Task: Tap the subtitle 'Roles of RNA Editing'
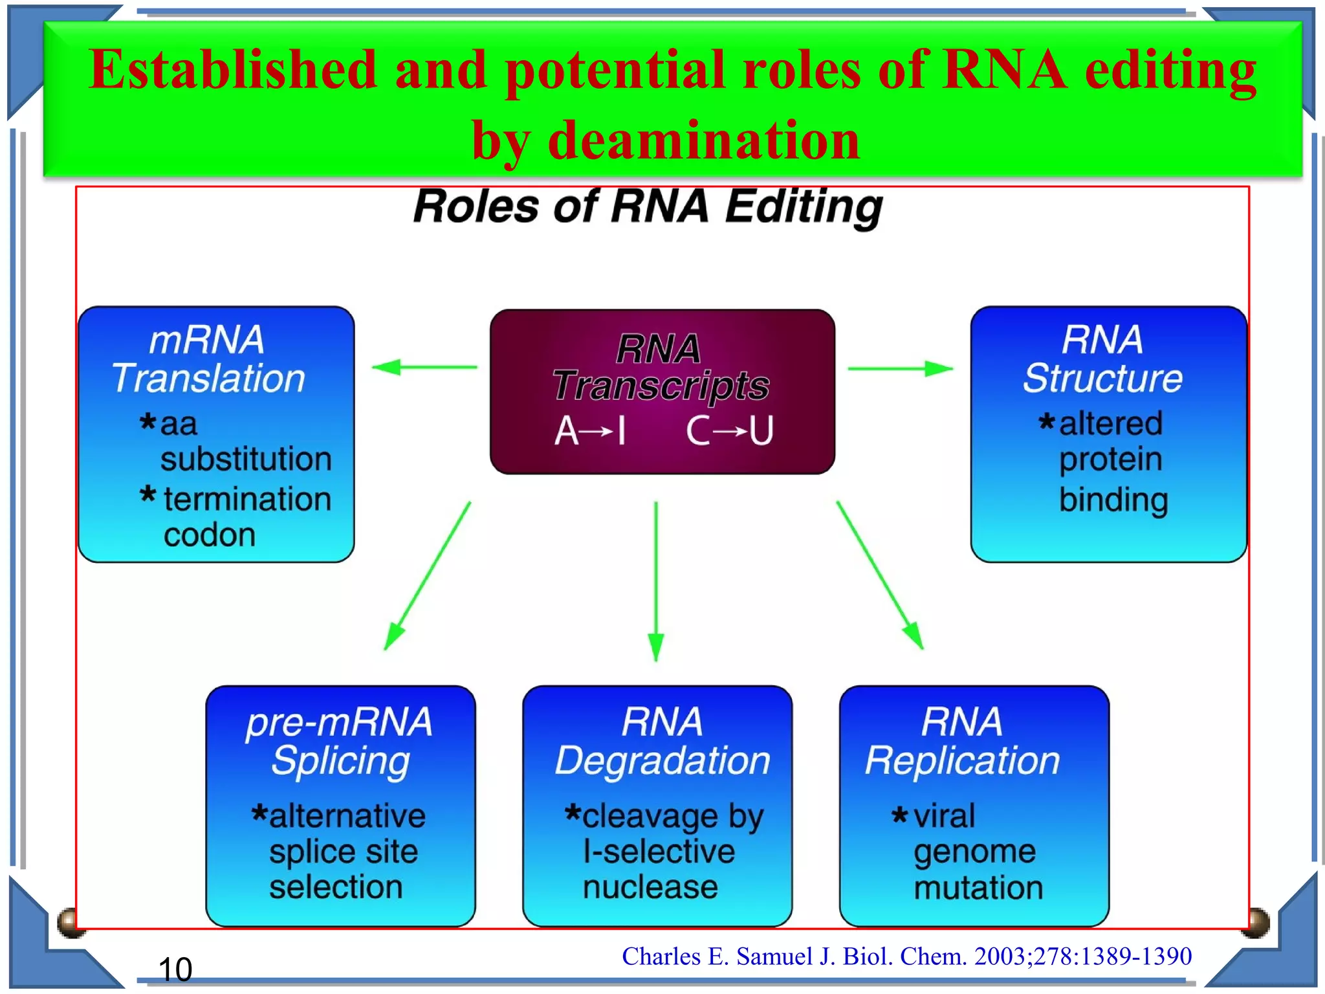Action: (648, 206)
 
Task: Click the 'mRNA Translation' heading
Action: (208, 359)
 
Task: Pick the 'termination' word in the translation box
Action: (247, 499)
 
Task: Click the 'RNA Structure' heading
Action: (1102, 359)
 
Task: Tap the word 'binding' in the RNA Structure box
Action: (1113, 500)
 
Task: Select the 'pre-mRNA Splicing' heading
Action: (339, 741)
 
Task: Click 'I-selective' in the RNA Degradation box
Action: (659, 852)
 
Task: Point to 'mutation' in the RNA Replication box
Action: (978, 887)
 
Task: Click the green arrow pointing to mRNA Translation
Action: (424, 368)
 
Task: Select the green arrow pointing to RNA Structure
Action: (900, 369)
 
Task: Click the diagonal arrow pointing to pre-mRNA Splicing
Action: (428, 575)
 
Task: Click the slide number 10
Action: (175, 969)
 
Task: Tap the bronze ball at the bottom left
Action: (71, 922)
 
